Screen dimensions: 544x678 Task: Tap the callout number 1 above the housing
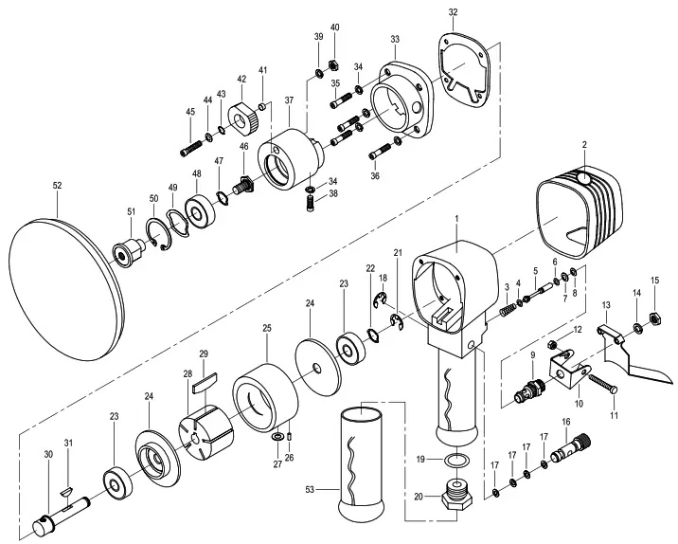(455, 220)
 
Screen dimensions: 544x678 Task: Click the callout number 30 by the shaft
(48, 455)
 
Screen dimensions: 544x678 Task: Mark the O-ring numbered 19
(457, 461)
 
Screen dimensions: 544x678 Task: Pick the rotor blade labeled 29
(204, 384)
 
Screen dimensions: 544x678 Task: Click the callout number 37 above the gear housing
(289, 100)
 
